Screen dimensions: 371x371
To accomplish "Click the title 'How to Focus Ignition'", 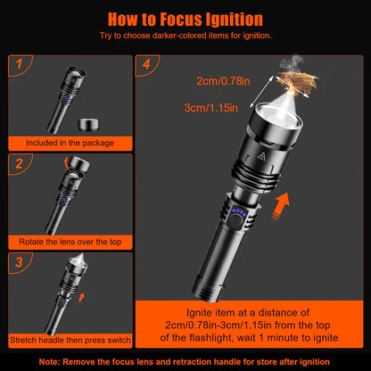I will (185, 19).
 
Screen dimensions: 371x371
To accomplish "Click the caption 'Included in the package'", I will (70, 141).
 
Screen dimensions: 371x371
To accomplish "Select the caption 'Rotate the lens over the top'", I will (70, 242).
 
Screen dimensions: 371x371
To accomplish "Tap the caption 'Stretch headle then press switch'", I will (70, 340).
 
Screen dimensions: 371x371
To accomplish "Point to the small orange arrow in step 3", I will (83, 315).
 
